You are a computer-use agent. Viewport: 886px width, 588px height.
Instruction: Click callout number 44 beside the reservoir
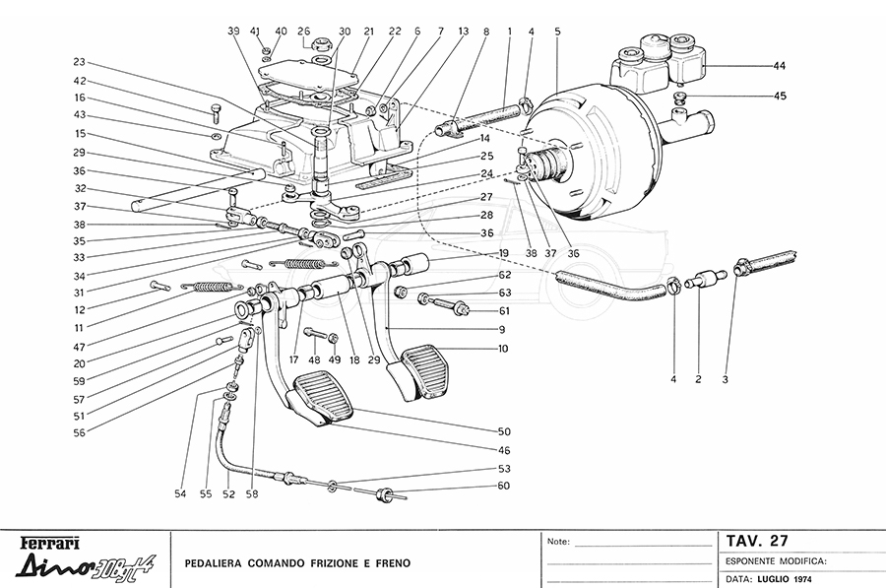click(780, 66)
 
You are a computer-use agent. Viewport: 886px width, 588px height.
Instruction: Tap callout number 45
click(780, 96)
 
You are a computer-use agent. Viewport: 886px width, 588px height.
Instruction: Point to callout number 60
click(504, 486)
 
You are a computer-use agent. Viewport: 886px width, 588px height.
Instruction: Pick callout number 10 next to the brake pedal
click(504, 350)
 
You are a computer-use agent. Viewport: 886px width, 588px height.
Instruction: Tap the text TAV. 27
click(758, 541)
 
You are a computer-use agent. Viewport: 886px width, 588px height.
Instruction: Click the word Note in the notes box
click(557, 542)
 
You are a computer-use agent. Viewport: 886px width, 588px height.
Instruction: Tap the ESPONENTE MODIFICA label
click(774, 560)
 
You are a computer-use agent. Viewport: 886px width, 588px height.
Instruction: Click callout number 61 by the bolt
click(504, 311)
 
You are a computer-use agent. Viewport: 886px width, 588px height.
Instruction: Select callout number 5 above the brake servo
click(557, 32)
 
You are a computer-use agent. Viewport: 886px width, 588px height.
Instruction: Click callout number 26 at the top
click(303, 32)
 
